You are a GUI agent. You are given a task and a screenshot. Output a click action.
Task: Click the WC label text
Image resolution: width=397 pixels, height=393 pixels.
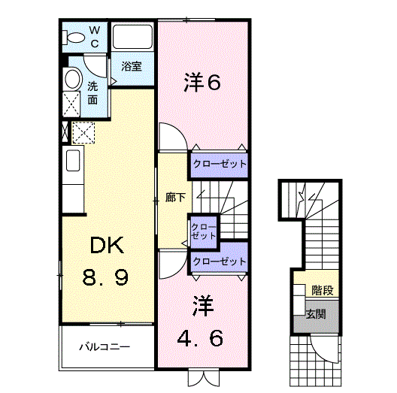coord(95,35)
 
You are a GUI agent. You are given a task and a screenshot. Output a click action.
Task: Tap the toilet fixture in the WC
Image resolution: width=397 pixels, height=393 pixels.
coord(75,37)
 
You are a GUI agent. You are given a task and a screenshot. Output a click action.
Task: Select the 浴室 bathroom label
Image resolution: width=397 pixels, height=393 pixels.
coord(132,66)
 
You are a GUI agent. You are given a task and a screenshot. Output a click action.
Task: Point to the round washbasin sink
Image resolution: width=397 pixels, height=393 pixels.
coord(72,79)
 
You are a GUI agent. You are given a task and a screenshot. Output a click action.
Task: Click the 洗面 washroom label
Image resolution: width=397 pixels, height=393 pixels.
coord(92,92)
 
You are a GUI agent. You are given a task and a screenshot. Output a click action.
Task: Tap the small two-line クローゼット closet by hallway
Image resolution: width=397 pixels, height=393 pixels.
coord(202,230)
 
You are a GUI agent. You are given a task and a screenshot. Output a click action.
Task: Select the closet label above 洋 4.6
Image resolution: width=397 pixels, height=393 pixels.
coord(220,261)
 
